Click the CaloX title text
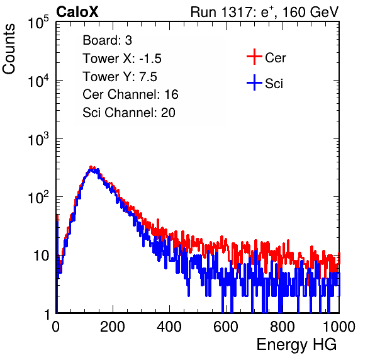77,12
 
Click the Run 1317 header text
264,12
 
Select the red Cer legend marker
254,57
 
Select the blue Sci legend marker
254,82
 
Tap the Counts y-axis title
9,49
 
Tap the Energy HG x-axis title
296,345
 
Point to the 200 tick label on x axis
113,327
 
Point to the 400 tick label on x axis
169,327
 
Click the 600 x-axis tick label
226,327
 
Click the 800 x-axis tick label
283,327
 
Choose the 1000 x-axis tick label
339,327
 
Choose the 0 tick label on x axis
56,327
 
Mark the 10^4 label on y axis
38,81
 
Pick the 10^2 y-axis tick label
38,197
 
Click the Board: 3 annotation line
107,40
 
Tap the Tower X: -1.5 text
122,59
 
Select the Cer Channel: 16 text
130,94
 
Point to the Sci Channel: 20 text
129,113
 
